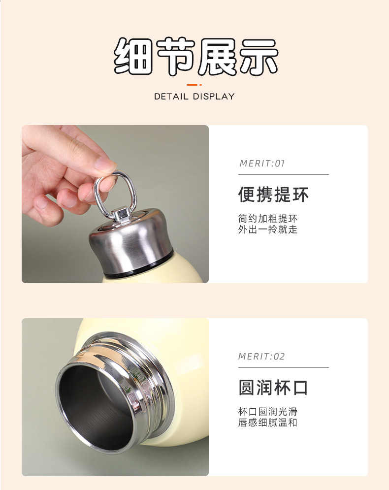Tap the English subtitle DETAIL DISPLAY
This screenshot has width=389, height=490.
194,97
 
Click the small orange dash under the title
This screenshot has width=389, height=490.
195,85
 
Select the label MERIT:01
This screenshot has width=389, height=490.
262,163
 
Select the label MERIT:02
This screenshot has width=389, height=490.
261,357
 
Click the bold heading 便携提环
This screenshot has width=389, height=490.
273,195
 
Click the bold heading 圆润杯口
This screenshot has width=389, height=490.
273,388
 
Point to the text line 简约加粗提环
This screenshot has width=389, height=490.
268,218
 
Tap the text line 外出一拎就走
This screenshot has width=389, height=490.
268,229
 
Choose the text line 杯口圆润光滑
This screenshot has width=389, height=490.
268,411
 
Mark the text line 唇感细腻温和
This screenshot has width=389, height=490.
268,423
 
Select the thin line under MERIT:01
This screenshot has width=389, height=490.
283,174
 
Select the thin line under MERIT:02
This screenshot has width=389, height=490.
283,367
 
